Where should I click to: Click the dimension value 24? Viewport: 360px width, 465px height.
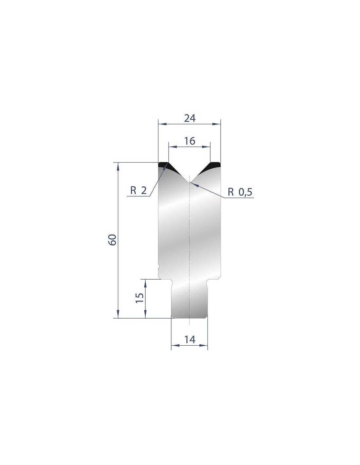pyautogui.click(x=190, y=118)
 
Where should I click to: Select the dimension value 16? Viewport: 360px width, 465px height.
pyautogui.click(x=190, y=141)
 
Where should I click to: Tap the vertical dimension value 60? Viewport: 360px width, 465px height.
pyautogui.click(x=113, y=240)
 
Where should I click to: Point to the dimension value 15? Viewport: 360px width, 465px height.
pyautogui.click(x=140, y=298)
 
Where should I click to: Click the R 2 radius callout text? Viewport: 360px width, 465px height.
pyautogui.click(x=138, y=190)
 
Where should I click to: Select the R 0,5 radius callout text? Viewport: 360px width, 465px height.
pyautogui.click(x=240, y=192)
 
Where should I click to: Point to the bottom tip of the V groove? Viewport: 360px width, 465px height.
pyautogui.click(x=189, y=182)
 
